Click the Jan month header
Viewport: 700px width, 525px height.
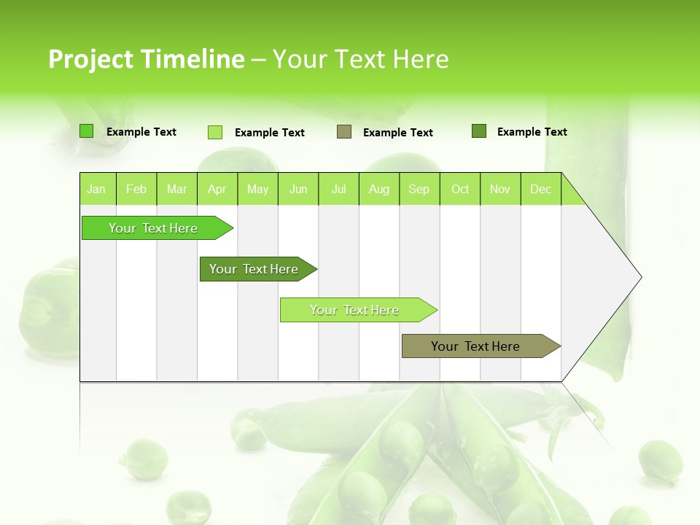click(97, 190)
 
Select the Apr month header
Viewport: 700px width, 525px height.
click(217, 190)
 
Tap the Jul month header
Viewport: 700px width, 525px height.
click(339, 190)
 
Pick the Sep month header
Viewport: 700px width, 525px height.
click(419, 190)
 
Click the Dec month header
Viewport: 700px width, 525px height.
click(541, 190)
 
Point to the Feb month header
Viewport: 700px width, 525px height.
click(136, 190)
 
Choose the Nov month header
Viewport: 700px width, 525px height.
click(500, 190)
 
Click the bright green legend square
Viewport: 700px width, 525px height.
click(87, 131)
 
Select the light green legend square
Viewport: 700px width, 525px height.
click(215, 132)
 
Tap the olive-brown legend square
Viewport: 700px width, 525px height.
click(344, 132)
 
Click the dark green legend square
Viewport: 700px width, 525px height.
click(479, 131)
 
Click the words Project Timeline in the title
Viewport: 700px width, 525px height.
click(146, 59)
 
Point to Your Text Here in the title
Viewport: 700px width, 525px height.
click(360, 59)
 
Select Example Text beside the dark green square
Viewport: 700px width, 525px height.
click(532, 132)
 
